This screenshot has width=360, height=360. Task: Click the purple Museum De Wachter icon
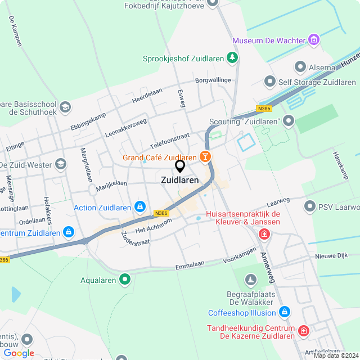click(x=314, y=40)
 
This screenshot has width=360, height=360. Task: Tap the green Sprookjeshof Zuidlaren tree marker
click(x=232, y=57)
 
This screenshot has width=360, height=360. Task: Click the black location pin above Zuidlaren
click(x=180, y=166)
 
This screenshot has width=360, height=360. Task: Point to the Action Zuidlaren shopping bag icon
click(x=139, y=208)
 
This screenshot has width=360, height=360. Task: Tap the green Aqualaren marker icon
click(x=125, y=279)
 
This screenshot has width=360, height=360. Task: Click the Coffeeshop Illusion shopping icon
click(x=285, y=312)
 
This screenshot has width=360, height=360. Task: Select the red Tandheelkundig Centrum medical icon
click(x=304, y=331)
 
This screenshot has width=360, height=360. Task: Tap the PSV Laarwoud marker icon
click(x=309, y=206)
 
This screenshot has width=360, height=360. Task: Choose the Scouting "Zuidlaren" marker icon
click(x=289, y=121)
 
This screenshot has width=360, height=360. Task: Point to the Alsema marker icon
click(x=299, y=67)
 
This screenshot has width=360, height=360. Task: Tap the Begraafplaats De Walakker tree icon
click(x=250, y=279)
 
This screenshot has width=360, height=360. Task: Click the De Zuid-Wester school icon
click(x=61, y=164)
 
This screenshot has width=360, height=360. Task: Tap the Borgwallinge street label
click(x=213, y=80)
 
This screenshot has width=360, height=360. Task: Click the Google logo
click(x=19, y=353)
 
